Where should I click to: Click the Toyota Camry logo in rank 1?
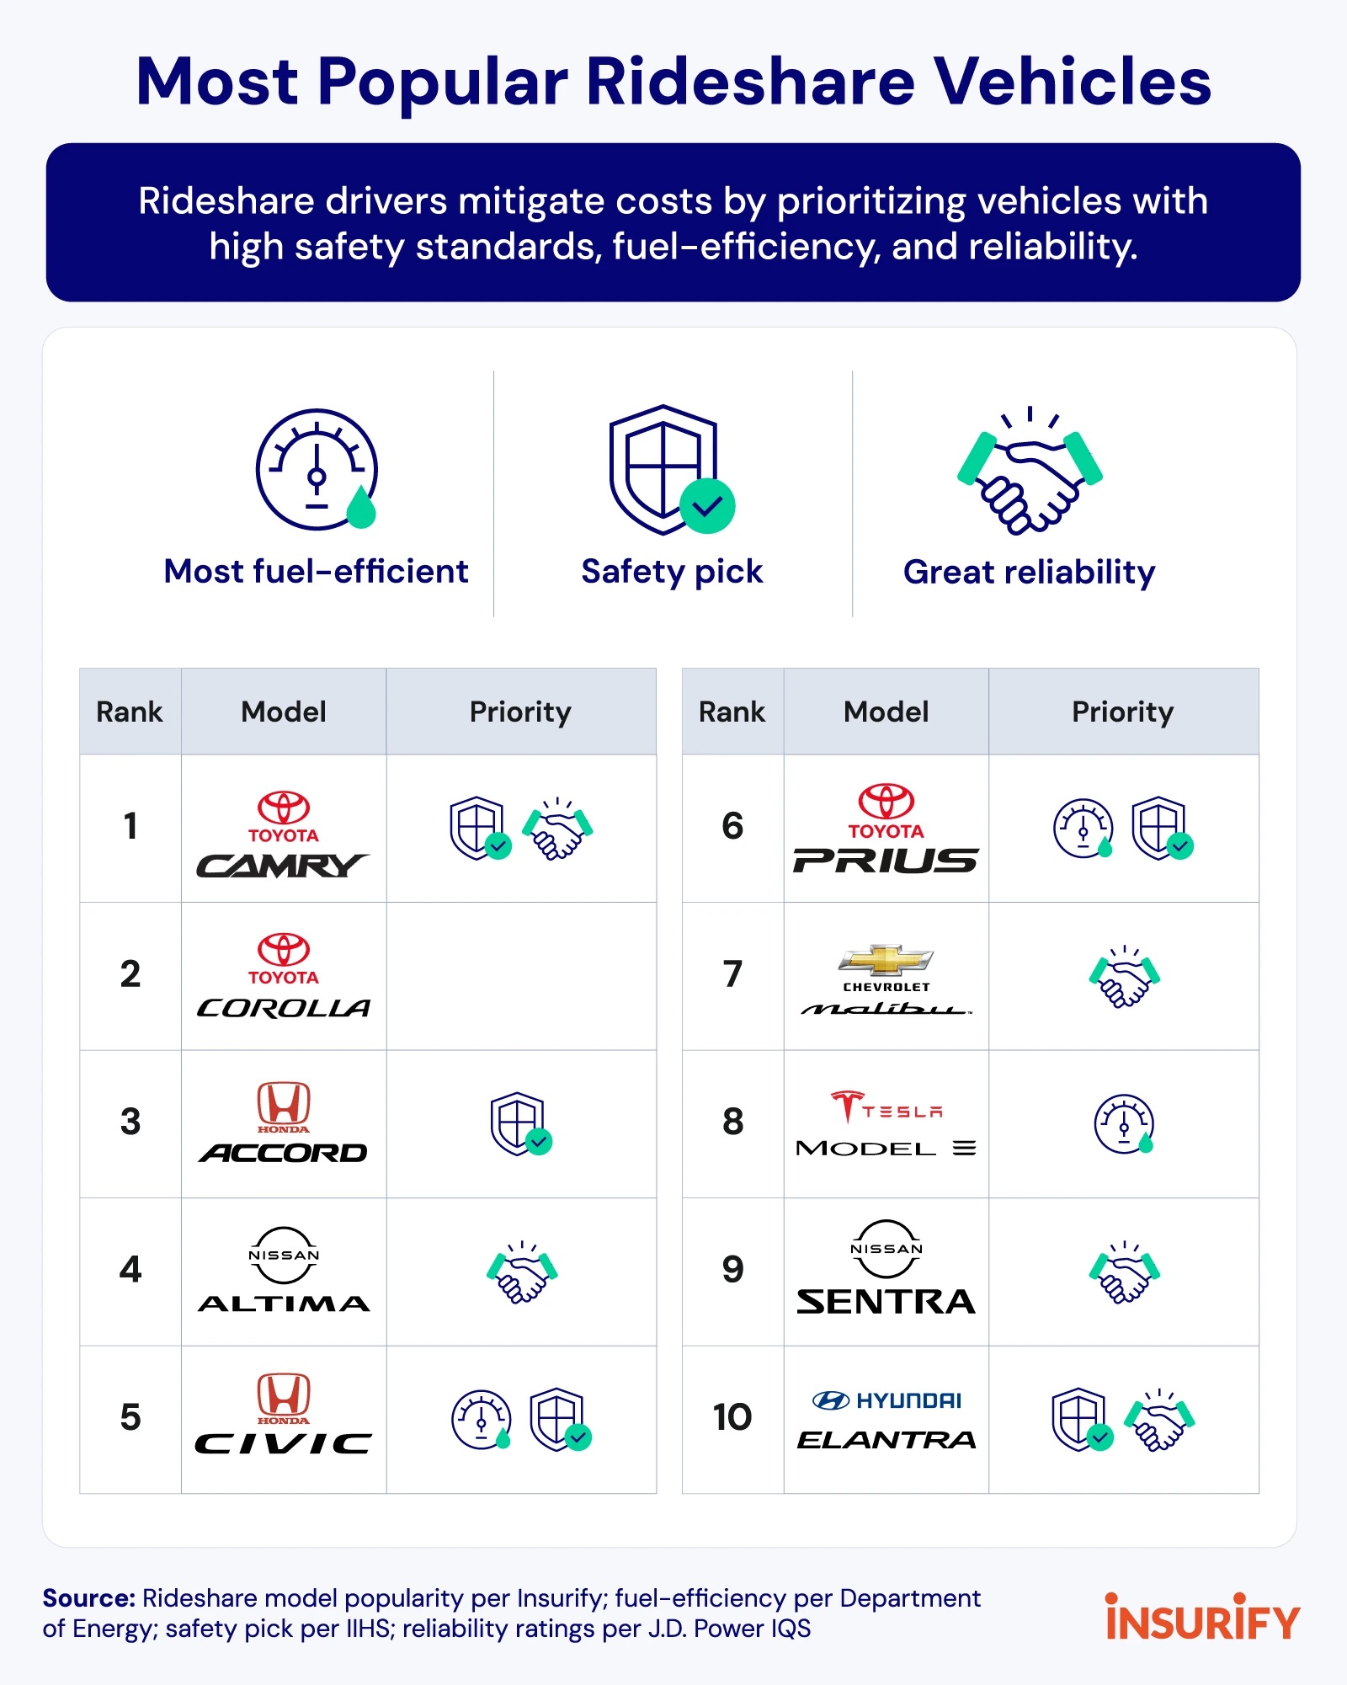pyautogui.click(x=283, y=834)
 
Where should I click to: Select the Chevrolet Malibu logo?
pyautogui.click(x=886, y=979)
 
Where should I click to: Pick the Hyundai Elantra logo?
pyautogui.click(x=886, y=1421)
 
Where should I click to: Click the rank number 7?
pyautogui.click(x=732, y=974)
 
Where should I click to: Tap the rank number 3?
pyautogui.click(x=130, y=1122)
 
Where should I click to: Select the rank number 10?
pyautogui.click(x=732, y=1417)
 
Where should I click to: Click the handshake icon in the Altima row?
pyautogui.click(x=522, y=1272)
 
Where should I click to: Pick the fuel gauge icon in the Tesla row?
pyautogui.click(x=1124, y=1123)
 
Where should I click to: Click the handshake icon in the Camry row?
pyautogui.click(x=557, y=829)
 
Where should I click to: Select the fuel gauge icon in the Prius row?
pyautogui.click(x=1083, y=829)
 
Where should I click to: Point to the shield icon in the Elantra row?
pyautogui.click(x=1082, y=1420)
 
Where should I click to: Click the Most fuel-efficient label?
pyautogui.click(x=316, y=572)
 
